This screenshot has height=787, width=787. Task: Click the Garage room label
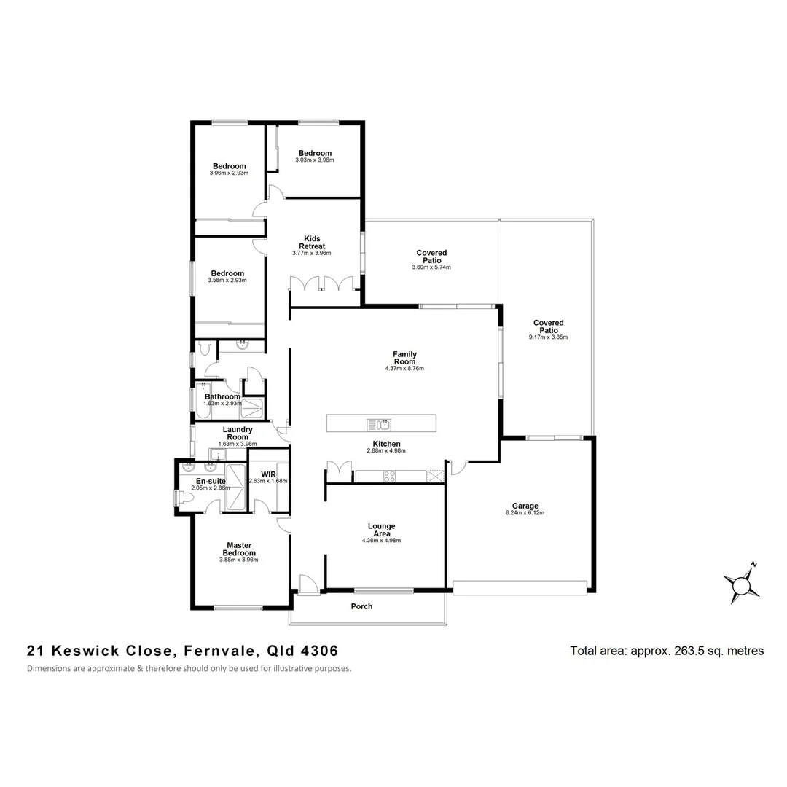coord(525,506)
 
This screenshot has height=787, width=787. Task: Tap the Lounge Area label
coord(381,530)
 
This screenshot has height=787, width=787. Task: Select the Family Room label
coord(404,358)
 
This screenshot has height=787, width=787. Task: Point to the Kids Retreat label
coord(312,242)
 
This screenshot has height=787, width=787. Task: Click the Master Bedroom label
coord(239,549)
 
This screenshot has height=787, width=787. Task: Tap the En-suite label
coord(210,481)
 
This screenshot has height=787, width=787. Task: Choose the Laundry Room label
coord(238,433)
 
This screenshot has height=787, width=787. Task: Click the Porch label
coord(361,606)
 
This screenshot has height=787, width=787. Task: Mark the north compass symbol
coord(742,583)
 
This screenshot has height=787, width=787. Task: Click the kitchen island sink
coord(379,424)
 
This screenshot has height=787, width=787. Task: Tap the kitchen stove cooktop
coord(390,477)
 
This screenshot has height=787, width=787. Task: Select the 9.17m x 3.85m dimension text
coord(548,337)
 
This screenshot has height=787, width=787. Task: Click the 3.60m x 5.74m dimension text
coord(431,267)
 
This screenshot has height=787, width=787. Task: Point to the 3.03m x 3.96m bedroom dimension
coord(315,160)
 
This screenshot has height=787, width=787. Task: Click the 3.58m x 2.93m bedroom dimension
coord(227,281)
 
